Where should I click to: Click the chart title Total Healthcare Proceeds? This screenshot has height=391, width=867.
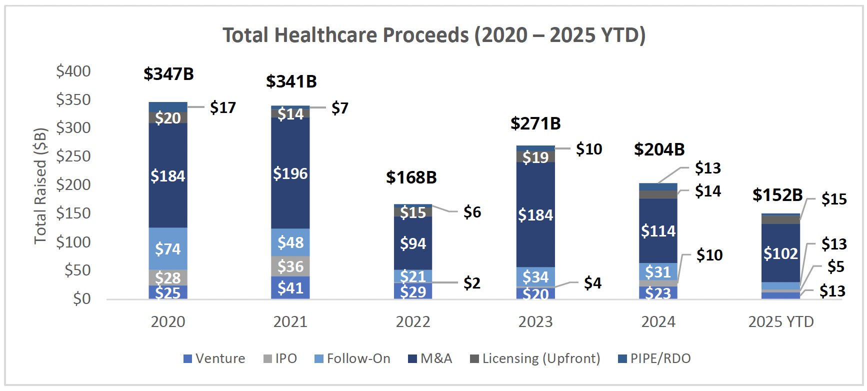tap(434, 35)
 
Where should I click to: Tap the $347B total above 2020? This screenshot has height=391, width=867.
tap(168, 74)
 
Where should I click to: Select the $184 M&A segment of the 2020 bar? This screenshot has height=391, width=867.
tap(168, 176)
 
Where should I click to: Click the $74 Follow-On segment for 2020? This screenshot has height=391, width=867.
tap(168, 248)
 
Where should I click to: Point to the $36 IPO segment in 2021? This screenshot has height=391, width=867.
tap(290, 266)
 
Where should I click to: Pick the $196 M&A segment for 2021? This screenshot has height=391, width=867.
tap(290, 173)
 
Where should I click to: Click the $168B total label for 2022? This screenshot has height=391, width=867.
tap(411, 177)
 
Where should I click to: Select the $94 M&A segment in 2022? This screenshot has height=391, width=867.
tap(413, 243)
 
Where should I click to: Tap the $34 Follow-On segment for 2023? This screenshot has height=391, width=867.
tap(535, 276)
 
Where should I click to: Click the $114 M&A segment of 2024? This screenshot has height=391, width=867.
tap(658, 231)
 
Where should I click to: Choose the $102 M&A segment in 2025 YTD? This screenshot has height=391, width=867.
tap(780, 253)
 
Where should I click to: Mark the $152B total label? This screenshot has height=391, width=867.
tap(777, 195)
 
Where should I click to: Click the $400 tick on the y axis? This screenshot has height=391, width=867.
tap(73, 71)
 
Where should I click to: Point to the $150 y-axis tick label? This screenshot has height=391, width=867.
tap(73, 213)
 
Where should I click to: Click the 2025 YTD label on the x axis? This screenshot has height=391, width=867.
tap(781, 321)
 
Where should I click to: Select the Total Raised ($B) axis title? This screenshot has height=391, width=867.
tap(40, 186)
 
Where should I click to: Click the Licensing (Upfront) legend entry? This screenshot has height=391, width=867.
tap(535, 358)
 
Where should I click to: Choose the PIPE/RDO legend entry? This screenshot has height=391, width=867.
tap(654, 358)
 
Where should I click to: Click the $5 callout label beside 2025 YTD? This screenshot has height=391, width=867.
tap(835, 266)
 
